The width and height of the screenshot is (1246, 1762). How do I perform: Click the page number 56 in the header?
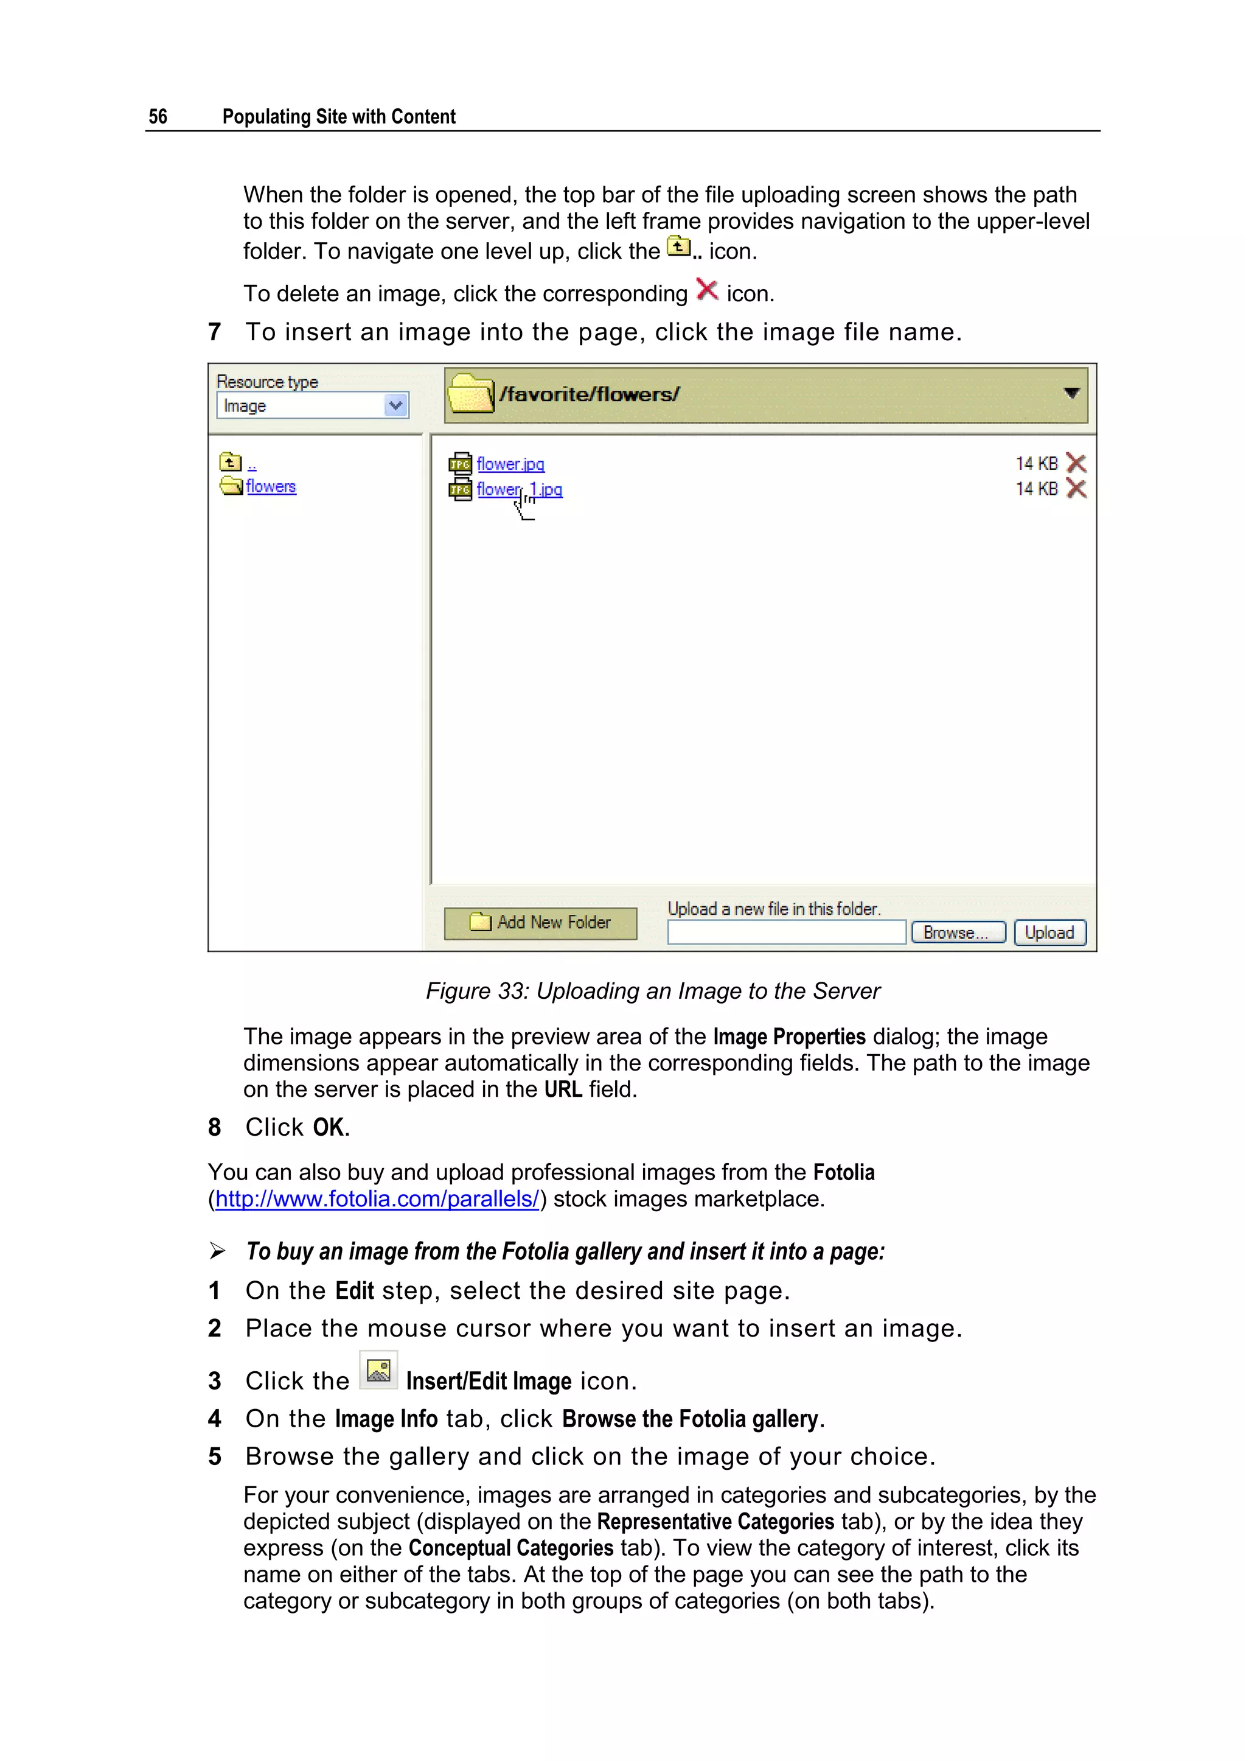tap(158, 117)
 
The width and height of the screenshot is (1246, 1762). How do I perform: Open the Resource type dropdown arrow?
tap(395, 405)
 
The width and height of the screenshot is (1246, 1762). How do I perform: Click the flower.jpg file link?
tap(510, 464)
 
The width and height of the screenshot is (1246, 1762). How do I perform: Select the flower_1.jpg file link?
tap(520, 489)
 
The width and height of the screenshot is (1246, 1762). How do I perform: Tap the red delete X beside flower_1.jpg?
tap(1076, 489)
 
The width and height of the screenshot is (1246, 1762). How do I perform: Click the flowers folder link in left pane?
tap(271, 486)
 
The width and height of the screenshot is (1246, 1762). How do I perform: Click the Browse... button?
tap(958, 932)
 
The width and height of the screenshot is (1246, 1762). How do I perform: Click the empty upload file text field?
tap(787, 932)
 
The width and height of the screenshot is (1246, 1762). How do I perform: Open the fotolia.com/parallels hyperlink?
tap(377, 1199)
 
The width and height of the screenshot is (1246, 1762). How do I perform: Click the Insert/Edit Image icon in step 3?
tap(378, 1371)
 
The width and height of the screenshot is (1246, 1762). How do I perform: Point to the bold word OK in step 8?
tap(329, 1127)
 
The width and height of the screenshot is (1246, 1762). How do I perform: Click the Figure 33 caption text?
tap(653, 991)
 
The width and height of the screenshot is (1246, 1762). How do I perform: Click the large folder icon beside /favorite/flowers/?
tap(470, 394)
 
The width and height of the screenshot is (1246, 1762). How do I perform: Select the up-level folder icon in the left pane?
tap(229, 462)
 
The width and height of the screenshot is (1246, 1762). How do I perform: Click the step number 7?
tap(215, 332)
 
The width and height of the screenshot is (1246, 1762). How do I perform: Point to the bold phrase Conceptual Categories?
tap(511, 1548)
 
